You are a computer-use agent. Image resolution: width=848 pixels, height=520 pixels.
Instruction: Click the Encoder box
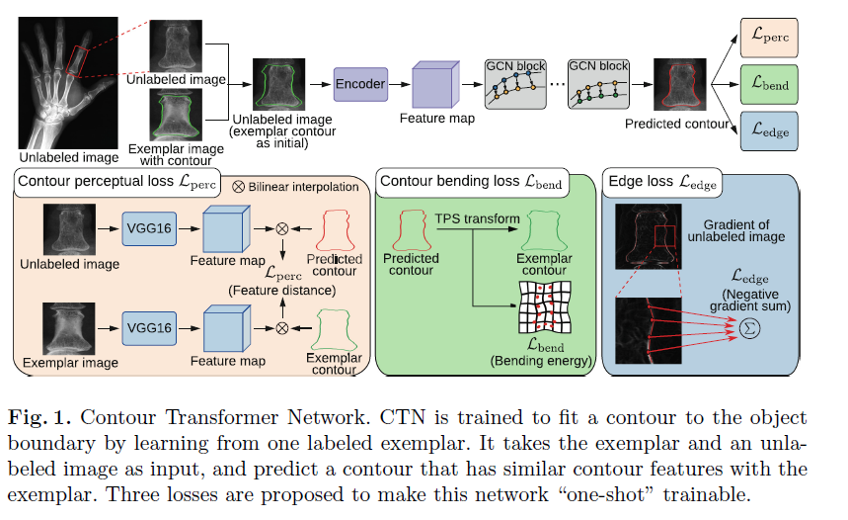(360, 85)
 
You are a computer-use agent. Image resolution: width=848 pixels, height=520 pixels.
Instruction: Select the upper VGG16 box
(150, 227)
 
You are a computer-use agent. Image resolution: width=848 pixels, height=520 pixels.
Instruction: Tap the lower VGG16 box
(150, 325)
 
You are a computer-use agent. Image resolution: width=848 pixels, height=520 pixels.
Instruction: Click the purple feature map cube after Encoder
(435, 84)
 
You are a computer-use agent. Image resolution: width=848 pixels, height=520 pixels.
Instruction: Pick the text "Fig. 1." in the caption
(37, 417)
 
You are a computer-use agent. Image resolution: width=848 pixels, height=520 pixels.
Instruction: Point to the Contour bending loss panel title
(471, 182)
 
